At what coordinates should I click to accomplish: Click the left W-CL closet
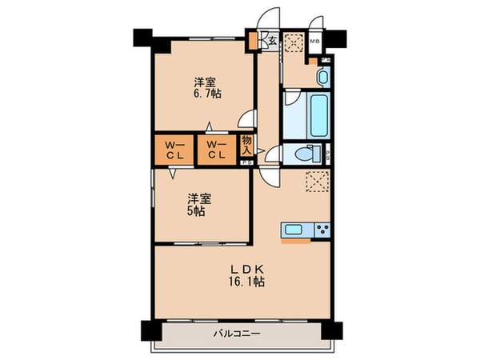click(175, 150)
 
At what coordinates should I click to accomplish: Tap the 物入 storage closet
click(247, 147)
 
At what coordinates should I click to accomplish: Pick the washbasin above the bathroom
click(322, 78)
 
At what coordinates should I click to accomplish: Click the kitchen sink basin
click(292, 230)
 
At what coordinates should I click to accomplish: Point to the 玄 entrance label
click(271, 41)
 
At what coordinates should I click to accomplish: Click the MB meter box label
click(314, 40)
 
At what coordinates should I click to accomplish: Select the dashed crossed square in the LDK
click(318, 182)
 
